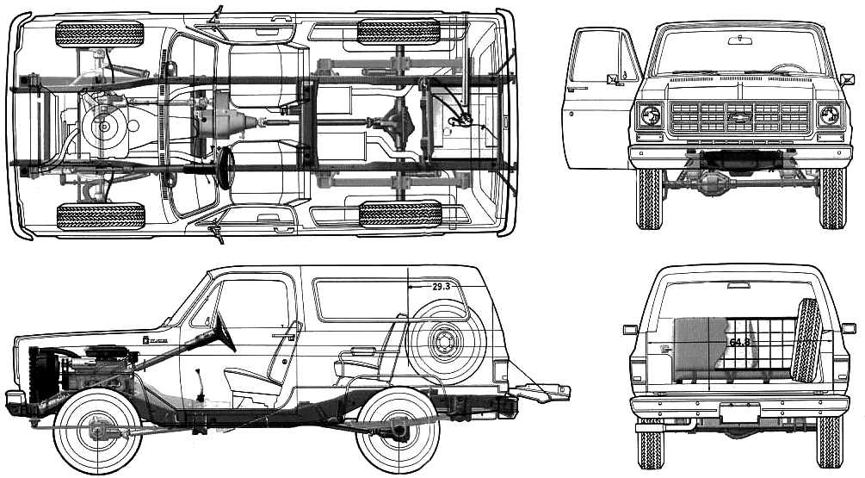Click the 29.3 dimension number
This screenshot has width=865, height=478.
tap(442, 285)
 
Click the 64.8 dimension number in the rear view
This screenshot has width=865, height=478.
tap(738, 342)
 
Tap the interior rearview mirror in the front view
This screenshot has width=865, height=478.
tap(738, 40)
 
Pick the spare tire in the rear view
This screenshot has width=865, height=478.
tap(808, 341)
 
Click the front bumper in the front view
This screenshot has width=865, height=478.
tap(738, 155)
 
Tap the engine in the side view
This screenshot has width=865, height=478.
tap(95, 370)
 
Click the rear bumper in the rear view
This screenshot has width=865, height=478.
tap(738, 405)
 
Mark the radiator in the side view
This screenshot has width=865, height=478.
tap(36, 375)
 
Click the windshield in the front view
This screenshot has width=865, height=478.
tap(738, 52)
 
